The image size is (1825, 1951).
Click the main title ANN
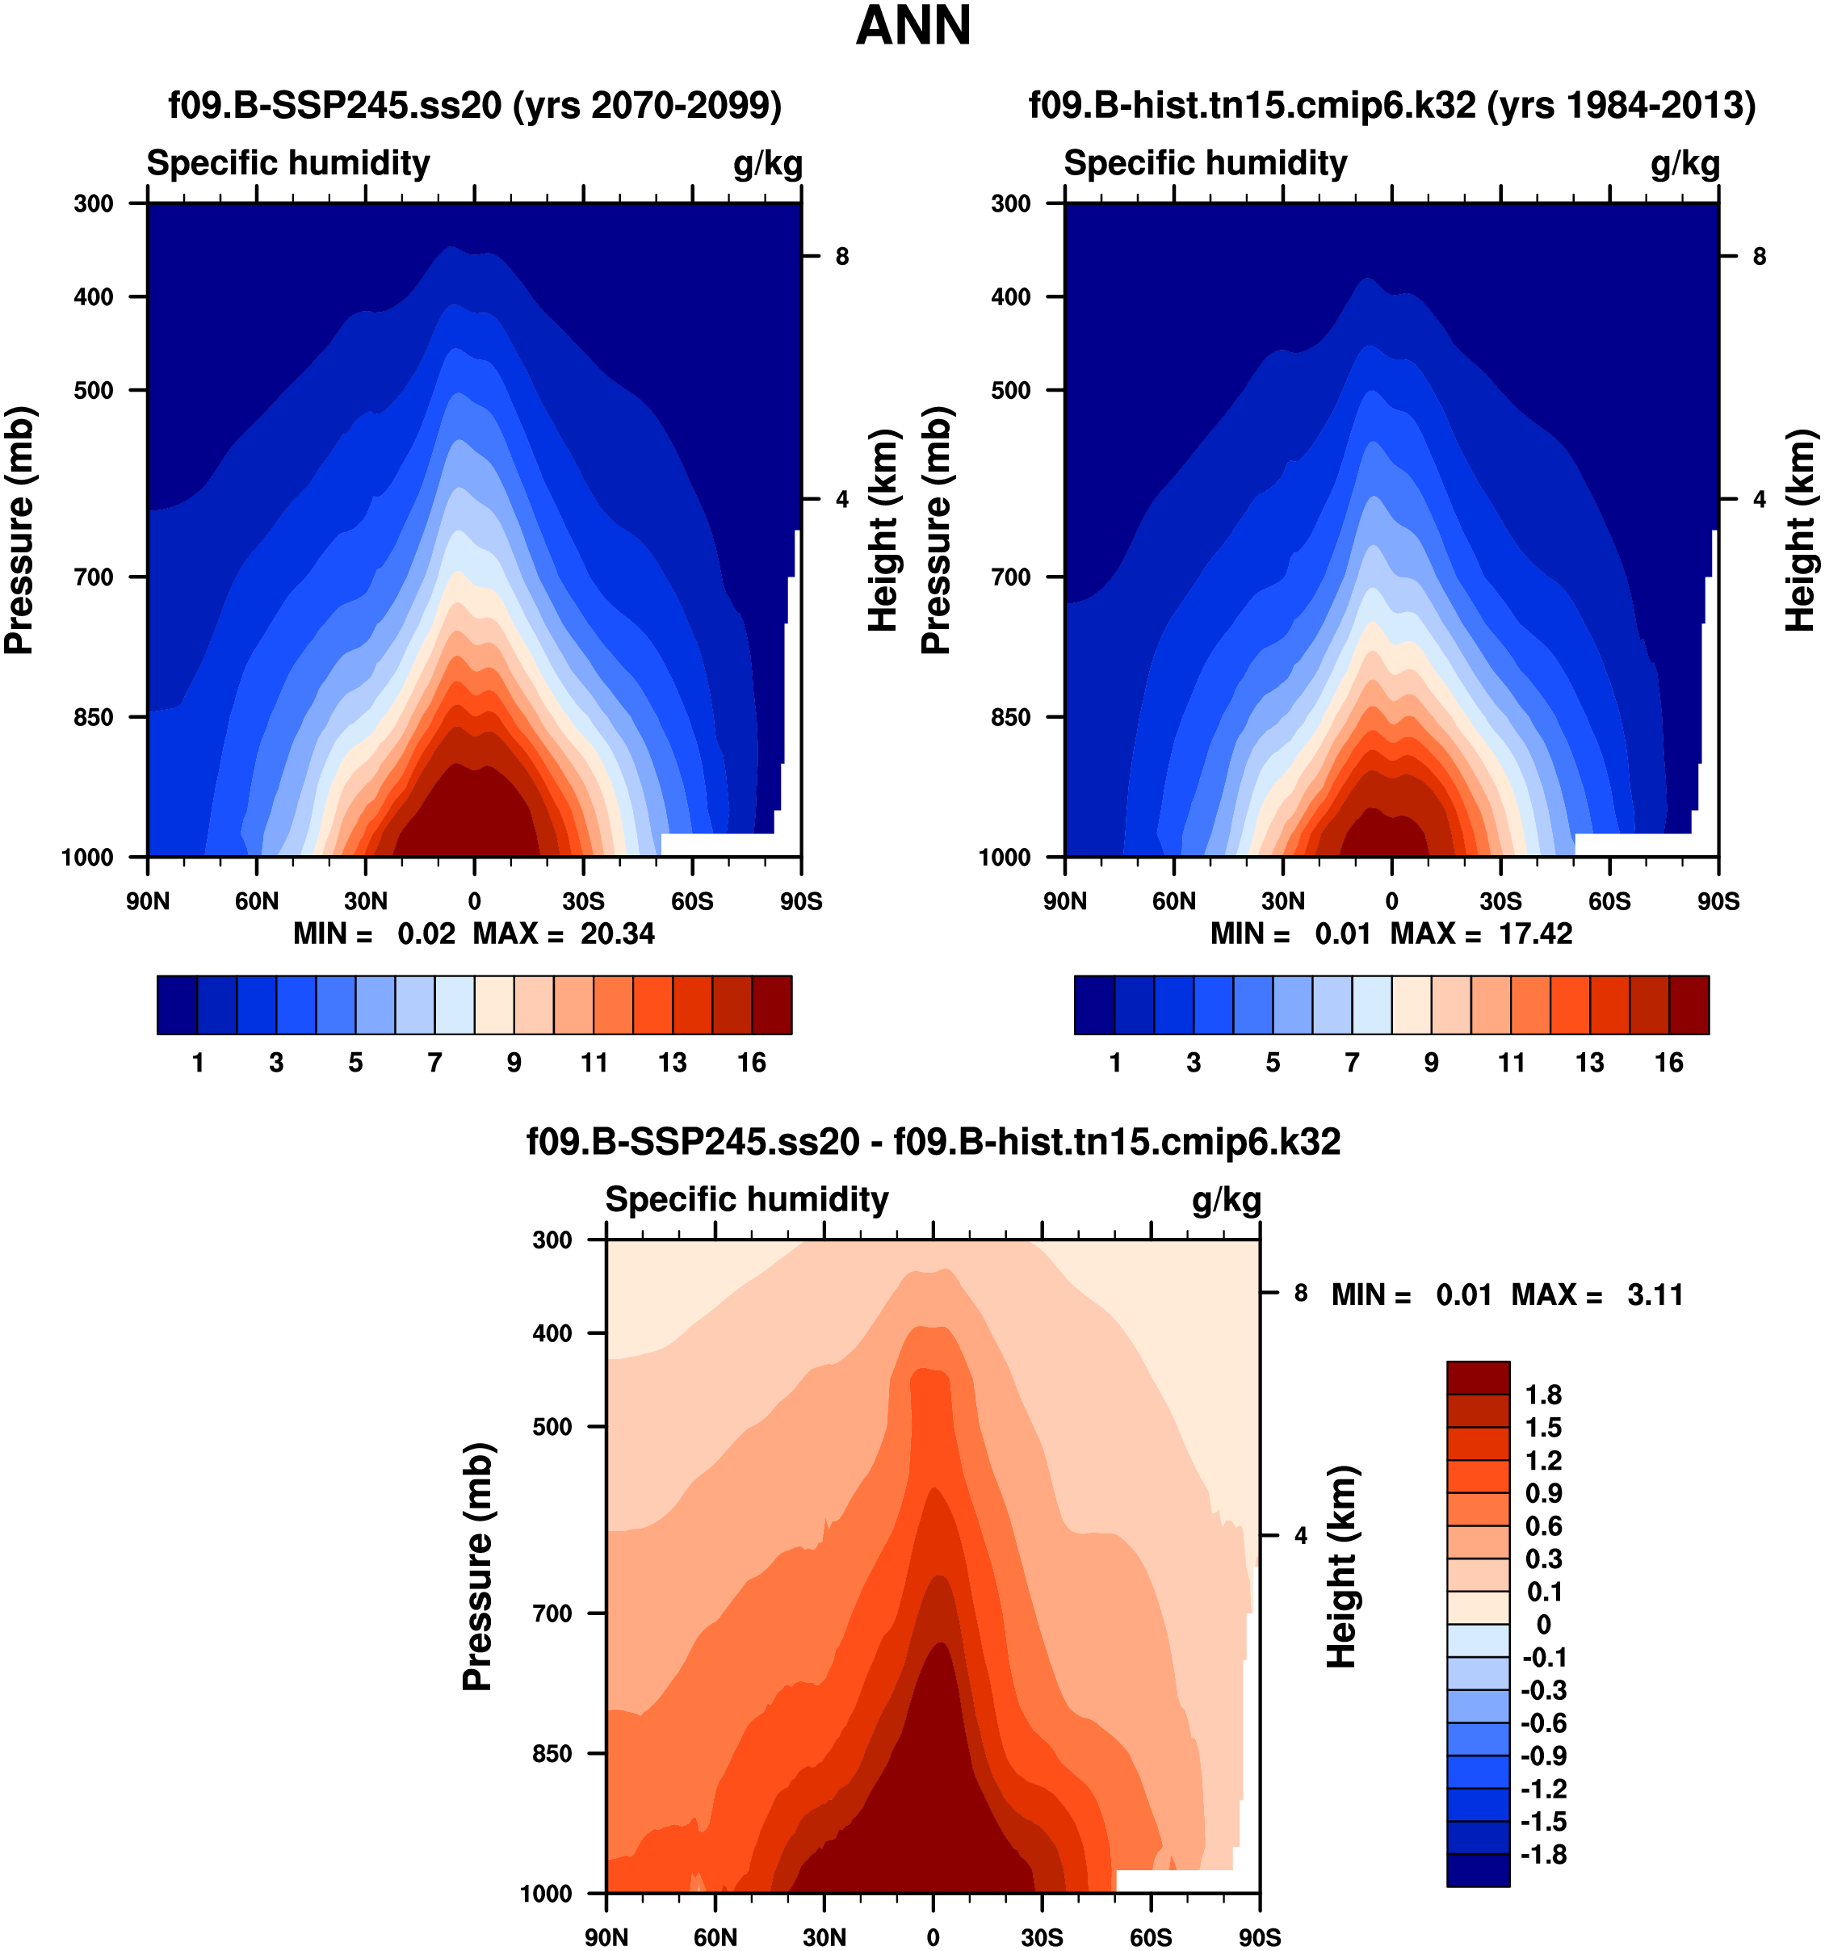point(912,27)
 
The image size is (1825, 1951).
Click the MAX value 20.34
point(617,934)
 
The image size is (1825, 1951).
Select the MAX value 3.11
point(1655,1295)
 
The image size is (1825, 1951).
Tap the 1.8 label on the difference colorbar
point(1542,1395)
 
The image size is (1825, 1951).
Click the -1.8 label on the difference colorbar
point(1542,1855)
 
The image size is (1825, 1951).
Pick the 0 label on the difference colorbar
point(1542,1624)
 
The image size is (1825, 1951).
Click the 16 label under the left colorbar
point(752,1063)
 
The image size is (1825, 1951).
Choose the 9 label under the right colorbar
point(1432,1063)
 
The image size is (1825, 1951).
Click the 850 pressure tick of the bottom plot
point(552,1753)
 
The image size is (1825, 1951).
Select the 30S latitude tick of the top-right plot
point(1500,901)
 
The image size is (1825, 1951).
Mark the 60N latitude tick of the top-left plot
point(256,901)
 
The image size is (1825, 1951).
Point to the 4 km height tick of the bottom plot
point(1301,1536)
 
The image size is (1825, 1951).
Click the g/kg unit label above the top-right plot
point(1684,164)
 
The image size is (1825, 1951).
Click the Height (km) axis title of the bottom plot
point(1342,1567)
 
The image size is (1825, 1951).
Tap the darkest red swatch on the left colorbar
point(771,1005)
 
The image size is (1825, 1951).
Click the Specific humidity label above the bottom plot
point(747,1199)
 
